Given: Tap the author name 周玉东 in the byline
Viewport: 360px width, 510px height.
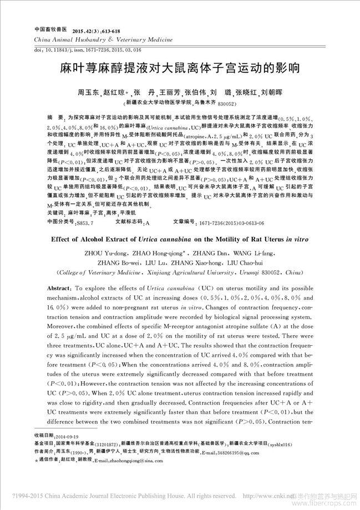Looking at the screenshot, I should coord(88,92).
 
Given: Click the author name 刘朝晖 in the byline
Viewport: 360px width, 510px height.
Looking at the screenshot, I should coord(271,92).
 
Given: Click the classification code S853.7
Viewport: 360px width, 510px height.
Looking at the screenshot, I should coord(85,221).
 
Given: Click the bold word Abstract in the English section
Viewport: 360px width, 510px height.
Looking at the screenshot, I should coord(58,289).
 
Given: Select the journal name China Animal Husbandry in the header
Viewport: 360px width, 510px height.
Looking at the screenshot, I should coord(72,40).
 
